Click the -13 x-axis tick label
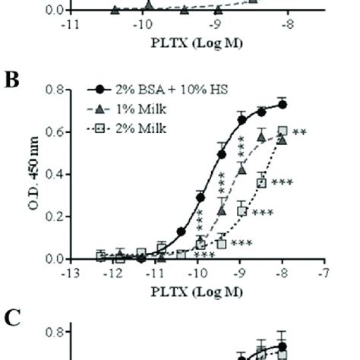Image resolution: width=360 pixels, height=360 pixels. pos(70,272)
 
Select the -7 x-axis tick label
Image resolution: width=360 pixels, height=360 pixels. pos(324,272)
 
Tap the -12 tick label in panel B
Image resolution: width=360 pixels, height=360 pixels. pos(113,272)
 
